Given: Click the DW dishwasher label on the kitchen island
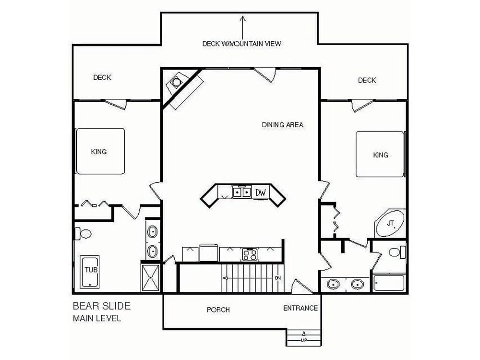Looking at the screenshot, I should coord(260,192).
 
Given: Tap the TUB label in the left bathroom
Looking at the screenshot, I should coord(91,270).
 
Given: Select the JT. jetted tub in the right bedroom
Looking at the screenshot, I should coord(390,223).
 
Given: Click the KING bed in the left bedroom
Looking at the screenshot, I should coord(100,151).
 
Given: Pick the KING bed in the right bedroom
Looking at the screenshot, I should coord(380,155).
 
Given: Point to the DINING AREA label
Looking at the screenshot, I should coord(283,124).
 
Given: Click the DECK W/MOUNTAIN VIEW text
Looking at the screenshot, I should coord(241,44).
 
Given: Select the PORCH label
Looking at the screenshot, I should coord(218,310).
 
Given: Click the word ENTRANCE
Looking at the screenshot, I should coord(300,308).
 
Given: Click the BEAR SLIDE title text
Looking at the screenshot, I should coord(101,306).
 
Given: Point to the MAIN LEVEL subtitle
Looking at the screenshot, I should coord(97,318).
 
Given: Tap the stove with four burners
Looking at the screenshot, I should coord(250,253).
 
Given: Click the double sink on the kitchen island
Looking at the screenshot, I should coord(242,192).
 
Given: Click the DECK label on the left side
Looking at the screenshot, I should coord(102,77).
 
